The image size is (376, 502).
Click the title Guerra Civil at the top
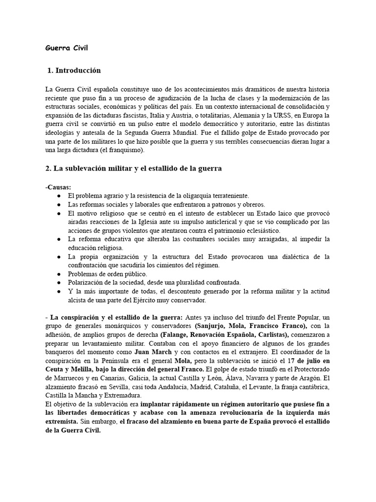click(67, 48)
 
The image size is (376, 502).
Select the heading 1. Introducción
click(74, 71)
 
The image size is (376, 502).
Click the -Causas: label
click(58, 187)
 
